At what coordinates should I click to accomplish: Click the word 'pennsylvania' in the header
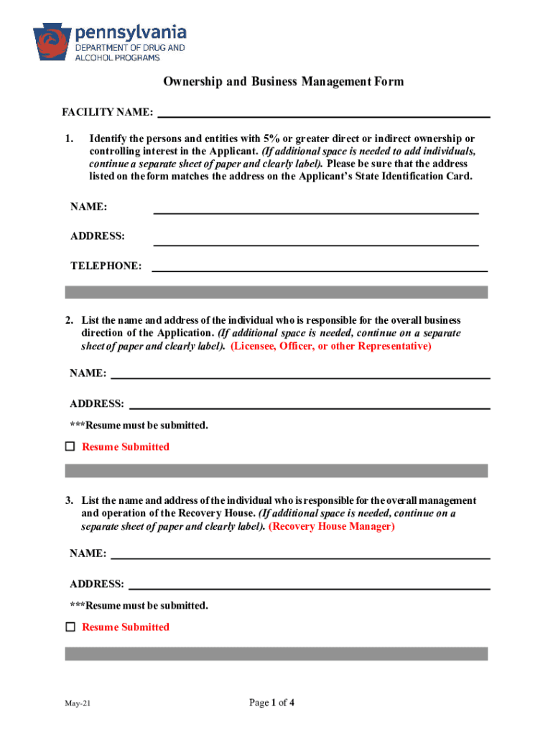click(131, 32)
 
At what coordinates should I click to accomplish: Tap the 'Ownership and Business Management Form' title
click(283, 82)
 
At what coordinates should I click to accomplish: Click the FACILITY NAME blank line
click(323, 113)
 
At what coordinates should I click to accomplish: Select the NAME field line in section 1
click(316, 210)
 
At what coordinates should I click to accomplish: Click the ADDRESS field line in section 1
click(316, 241)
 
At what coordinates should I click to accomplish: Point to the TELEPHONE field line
click(319, 267)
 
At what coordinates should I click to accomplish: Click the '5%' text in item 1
click(271, 139)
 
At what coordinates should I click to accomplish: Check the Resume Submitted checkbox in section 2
click(70, 446)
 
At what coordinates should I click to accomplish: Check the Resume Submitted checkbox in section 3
click(70, 627)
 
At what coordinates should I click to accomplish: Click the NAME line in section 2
click(299, 375)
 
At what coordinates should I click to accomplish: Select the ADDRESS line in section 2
click(309, 406)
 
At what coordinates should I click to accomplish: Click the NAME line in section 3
click(299, 556)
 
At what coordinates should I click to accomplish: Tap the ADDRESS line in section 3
click(309, 586)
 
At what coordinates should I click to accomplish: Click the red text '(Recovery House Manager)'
click(331, 526)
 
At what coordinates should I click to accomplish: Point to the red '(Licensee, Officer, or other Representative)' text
click(331, 346)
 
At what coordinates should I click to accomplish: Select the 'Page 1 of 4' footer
click(271, 703)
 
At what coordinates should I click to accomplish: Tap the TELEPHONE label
click(106, 266)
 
